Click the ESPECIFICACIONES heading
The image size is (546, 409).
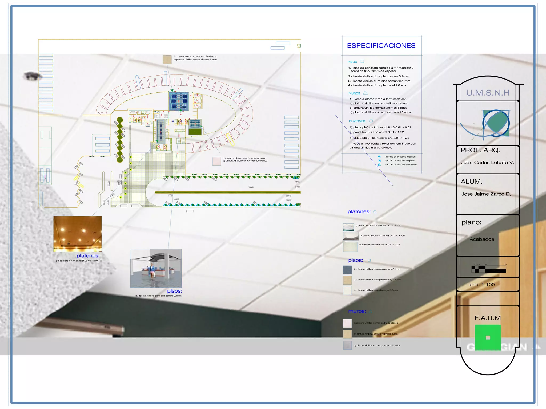pos(381,46)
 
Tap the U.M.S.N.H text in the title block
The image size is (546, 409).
pos(488,93)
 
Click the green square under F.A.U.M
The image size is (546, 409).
pos(488,337)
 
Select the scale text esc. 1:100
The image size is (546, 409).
pos(482,285)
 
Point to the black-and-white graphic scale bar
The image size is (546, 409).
pos(488,269)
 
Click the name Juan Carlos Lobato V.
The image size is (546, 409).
pos(487,163)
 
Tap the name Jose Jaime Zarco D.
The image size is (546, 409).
pos(486,194)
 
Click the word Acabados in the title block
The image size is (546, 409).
pos(481,239)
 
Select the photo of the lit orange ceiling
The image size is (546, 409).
pos(77,234)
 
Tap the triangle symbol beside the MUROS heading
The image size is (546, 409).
pos(365,93)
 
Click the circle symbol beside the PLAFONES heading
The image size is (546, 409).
pos(371,121)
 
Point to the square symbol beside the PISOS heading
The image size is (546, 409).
pos(362,61)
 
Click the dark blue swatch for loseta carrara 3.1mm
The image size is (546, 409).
pos(347,270)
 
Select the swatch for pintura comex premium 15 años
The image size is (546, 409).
pos(347,345)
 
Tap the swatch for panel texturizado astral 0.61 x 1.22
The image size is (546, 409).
pos(350,247)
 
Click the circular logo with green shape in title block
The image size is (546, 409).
pos(496,123)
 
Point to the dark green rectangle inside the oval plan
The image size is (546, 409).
pos(195,132)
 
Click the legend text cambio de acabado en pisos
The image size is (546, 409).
pos(400,161)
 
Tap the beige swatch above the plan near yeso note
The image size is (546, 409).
pos(167,60)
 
